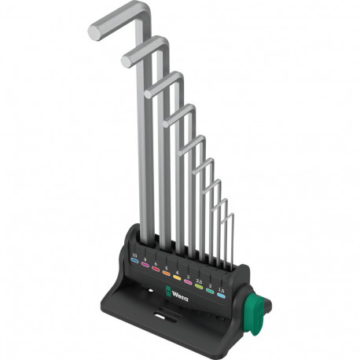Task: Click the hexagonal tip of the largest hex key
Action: (x=94, y=31)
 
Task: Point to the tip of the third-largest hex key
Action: (x=149, y=90)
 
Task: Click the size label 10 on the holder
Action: (x=134, y=255)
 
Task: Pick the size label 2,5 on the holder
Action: (x=199, y=280)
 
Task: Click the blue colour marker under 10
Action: (x=134, y=262)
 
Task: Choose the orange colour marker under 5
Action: (x=167, y=274)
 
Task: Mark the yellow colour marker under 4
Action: (x=177, y=278)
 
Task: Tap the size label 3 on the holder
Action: (x=188, y=276)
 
